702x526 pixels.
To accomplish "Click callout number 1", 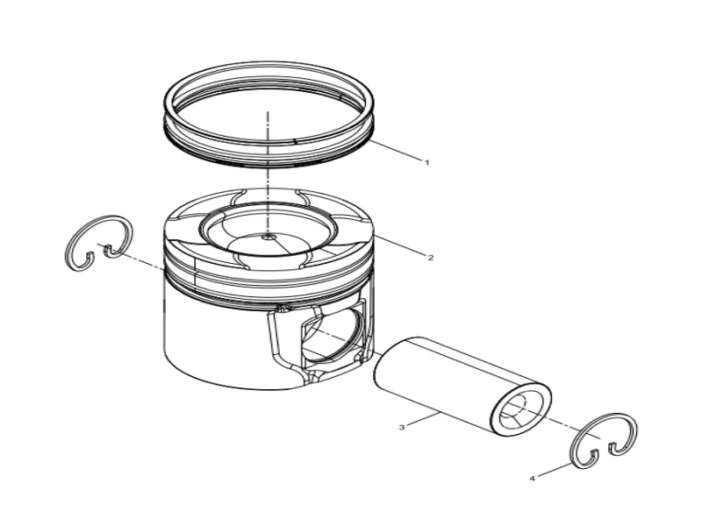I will pos(427,163).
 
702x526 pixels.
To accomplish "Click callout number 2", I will pos(431,258).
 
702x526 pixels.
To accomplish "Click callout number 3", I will pos(401,428).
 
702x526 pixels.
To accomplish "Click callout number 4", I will pos(533,479).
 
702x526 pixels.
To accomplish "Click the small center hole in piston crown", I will pos(269,237).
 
